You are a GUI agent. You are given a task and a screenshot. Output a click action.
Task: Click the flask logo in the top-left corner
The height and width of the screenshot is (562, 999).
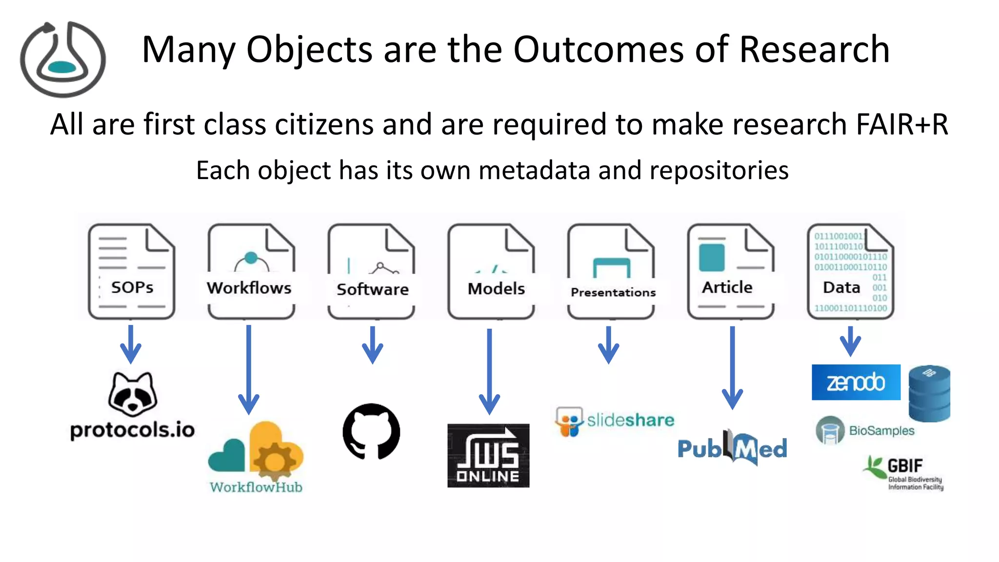62,59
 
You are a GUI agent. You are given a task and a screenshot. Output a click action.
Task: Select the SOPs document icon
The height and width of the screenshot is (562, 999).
132,272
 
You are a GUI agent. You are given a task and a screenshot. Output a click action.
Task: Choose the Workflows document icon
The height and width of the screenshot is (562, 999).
251,272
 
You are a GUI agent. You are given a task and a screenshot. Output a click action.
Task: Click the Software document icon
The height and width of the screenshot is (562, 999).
372,272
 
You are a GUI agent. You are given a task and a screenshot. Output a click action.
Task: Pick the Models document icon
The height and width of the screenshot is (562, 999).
491,272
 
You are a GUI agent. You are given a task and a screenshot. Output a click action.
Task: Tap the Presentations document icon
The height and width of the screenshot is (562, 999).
611,272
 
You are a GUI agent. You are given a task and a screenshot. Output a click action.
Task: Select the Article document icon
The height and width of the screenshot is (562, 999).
731,272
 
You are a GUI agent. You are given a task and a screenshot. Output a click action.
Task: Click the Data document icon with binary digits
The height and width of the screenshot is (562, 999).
851,272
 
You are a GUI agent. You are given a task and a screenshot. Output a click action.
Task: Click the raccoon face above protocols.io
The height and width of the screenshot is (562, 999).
133,394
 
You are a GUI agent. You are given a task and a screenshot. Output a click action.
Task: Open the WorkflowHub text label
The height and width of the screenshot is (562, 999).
256,487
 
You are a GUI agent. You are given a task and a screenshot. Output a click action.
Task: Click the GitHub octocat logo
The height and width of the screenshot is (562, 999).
372,431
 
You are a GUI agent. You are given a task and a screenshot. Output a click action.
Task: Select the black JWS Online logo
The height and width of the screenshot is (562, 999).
488,455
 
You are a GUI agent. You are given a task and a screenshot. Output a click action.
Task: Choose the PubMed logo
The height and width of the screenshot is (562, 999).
732,448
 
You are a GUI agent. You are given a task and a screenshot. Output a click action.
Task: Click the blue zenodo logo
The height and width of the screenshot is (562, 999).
856,382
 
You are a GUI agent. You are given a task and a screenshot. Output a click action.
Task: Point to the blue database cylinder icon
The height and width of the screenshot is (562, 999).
929,393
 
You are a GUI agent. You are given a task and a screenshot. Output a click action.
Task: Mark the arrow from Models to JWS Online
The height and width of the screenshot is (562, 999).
489,371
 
